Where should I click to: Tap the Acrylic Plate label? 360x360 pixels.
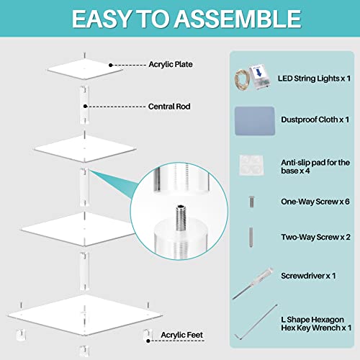171,64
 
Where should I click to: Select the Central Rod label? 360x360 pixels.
169,107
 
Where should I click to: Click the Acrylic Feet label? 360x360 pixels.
181,335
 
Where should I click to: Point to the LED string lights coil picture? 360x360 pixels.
243,79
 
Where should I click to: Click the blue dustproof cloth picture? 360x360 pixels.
255,121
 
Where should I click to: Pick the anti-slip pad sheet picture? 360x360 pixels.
251,165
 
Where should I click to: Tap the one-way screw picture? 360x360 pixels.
251,202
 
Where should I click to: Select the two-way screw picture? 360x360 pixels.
251,237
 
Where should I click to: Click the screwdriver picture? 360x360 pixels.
253,284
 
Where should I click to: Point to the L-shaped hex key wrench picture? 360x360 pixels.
256,322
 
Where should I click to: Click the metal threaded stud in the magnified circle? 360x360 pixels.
181,217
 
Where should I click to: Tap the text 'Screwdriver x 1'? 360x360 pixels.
308,276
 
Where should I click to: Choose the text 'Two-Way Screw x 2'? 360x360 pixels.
315,237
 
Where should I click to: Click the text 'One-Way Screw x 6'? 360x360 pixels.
315,202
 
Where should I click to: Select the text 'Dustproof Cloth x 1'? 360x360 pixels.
315,120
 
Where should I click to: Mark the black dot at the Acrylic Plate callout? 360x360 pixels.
111,65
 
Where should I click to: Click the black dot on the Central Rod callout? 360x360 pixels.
85,106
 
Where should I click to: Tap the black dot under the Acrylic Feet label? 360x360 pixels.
148,341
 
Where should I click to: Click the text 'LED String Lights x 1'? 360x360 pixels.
314,78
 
